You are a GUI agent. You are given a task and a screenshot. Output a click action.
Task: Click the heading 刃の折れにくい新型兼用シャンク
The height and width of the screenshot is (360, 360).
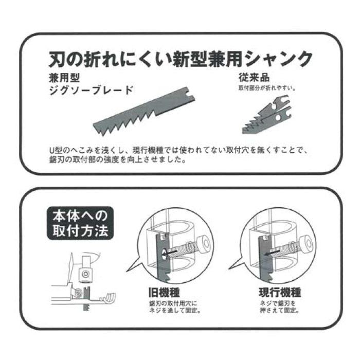click(180, 59)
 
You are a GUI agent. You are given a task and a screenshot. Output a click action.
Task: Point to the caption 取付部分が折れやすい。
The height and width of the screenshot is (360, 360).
click(266, 88)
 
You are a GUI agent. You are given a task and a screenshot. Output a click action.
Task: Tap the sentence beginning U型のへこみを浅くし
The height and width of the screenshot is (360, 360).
click(175, 151)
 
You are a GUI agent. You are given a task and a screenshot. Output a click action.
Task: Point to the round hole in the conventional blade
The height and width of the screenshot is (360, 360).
click(278, 117)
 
